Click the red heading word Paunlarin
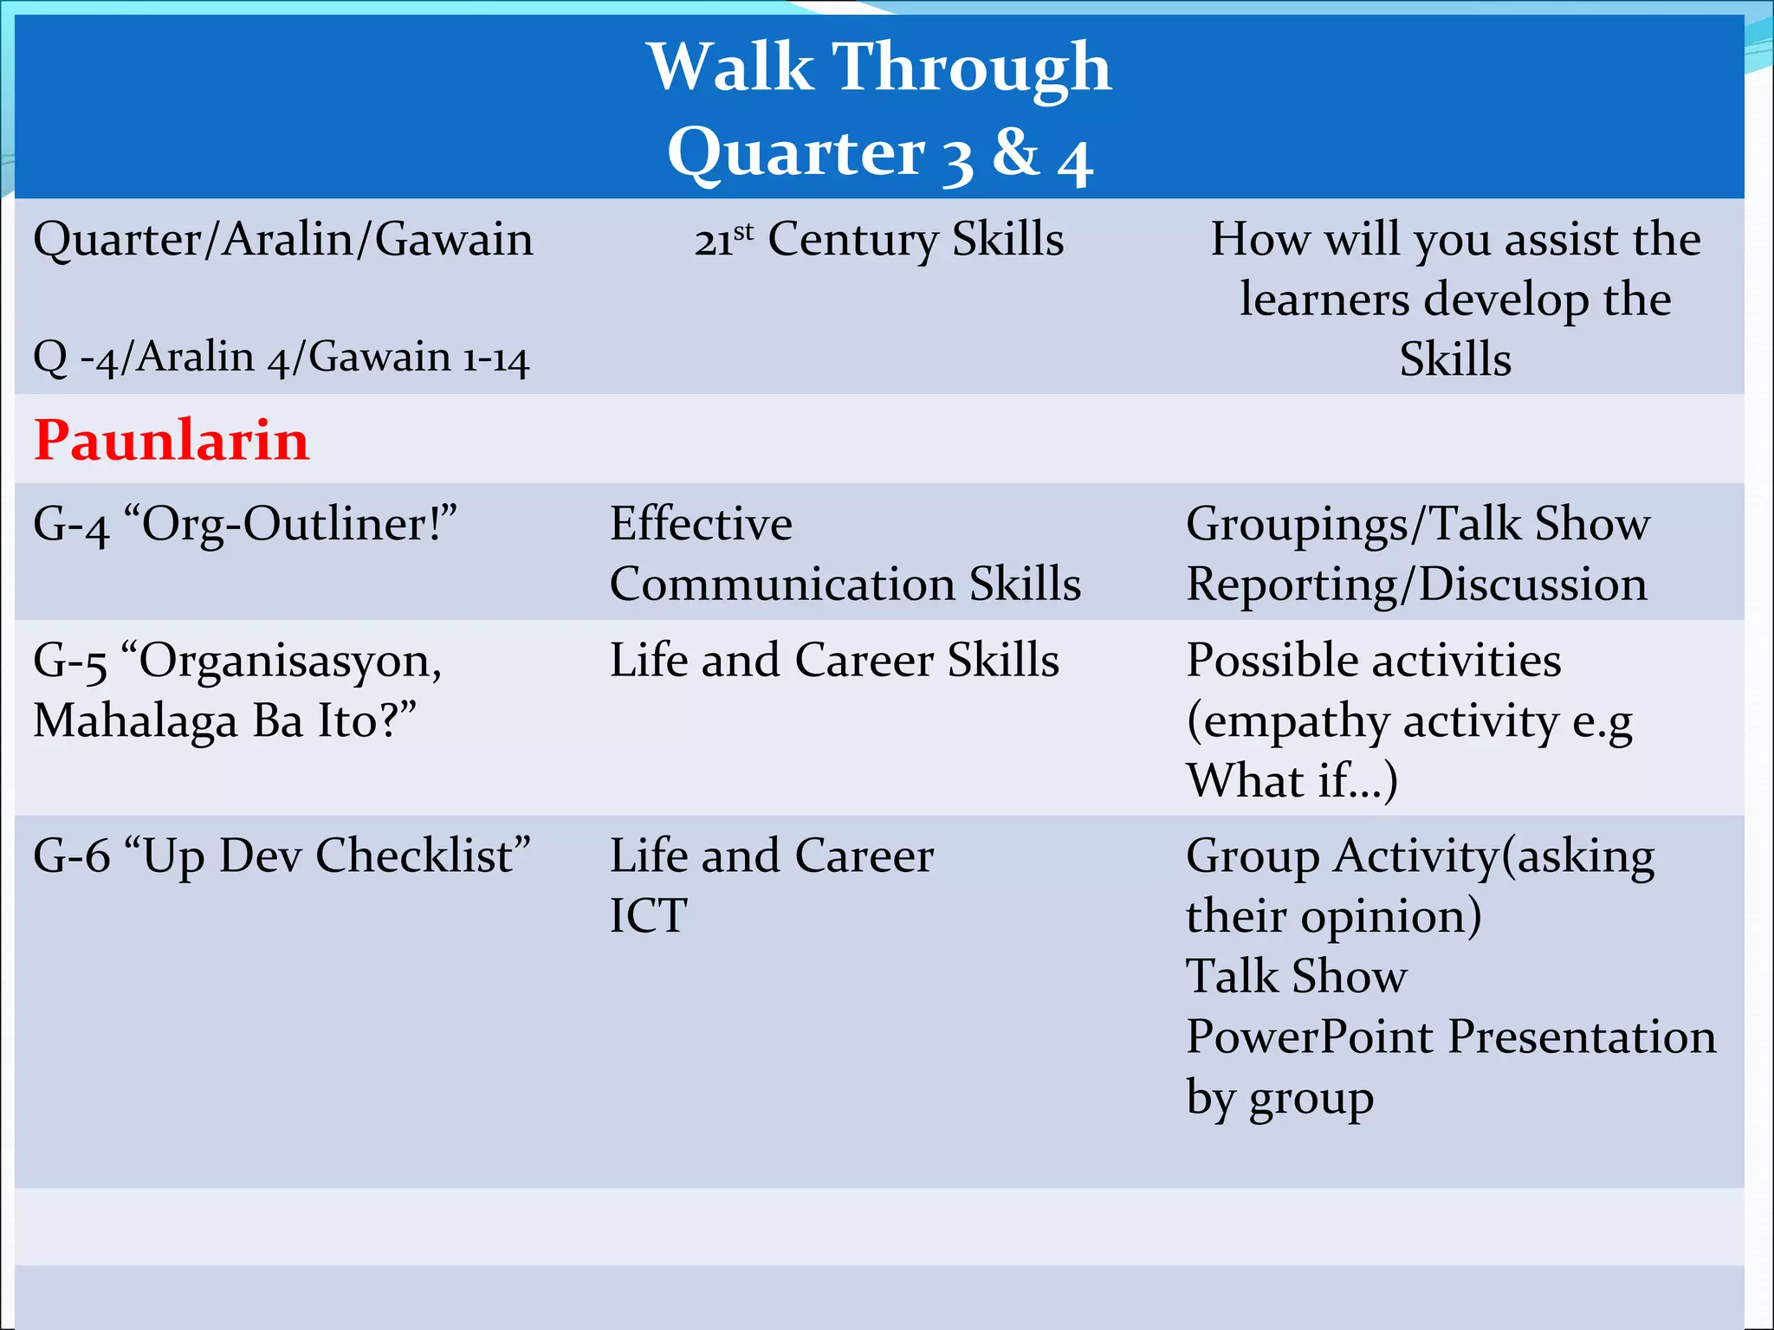172,441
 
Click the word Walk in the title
730,68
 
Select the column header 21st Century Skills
878,239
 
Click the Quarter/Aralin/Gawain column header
283,239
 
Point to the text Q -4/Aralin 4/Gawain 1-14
281,357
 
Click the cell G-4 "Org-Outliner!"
245,524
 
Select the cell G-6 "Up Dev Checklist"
282,855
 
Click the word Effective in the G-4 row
701,524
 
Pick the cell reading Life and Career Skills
834,661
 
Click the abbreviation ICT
648,916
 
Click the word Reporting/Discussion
1416,584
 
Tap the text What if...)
1292,781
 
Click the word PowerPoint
1308,1036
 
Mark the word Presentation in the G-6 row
1582,1036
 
